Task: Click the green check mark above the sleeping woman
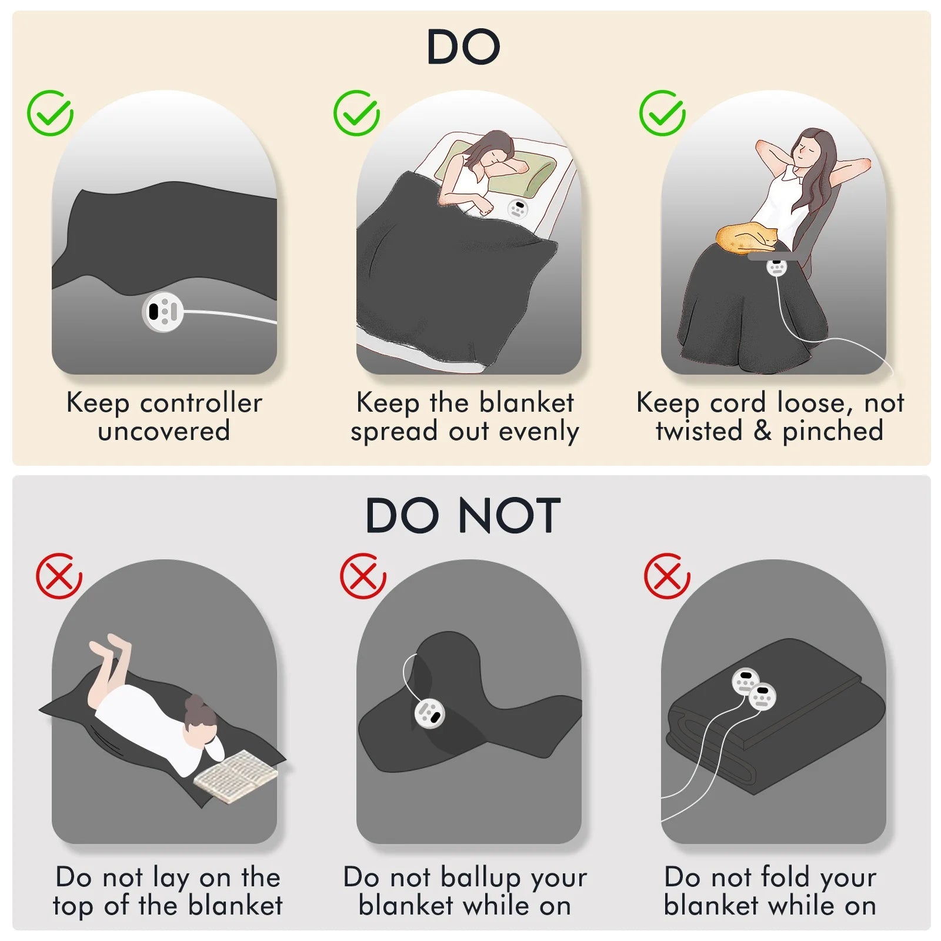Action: click(x=356, y=113)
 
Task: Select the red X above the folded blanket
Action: click(x=667, y=576)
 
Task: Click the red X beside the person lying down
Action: click(x=59, y=576)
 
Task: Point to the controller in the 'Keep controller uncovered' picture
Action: click(x=163, y=312)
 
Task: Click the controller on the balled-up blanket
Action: click(x=429, y=713)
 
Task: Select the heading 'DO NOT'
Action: click(x=463, y=516)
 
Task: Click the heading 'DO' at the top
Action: click(x=463, y=47)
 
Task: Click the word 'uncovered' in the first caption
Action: click(x=163, y=431)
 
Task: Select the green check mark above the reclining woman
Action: click(x=662, y=113)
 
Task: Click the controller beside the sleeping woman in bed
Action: click(x=518, y=209)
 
